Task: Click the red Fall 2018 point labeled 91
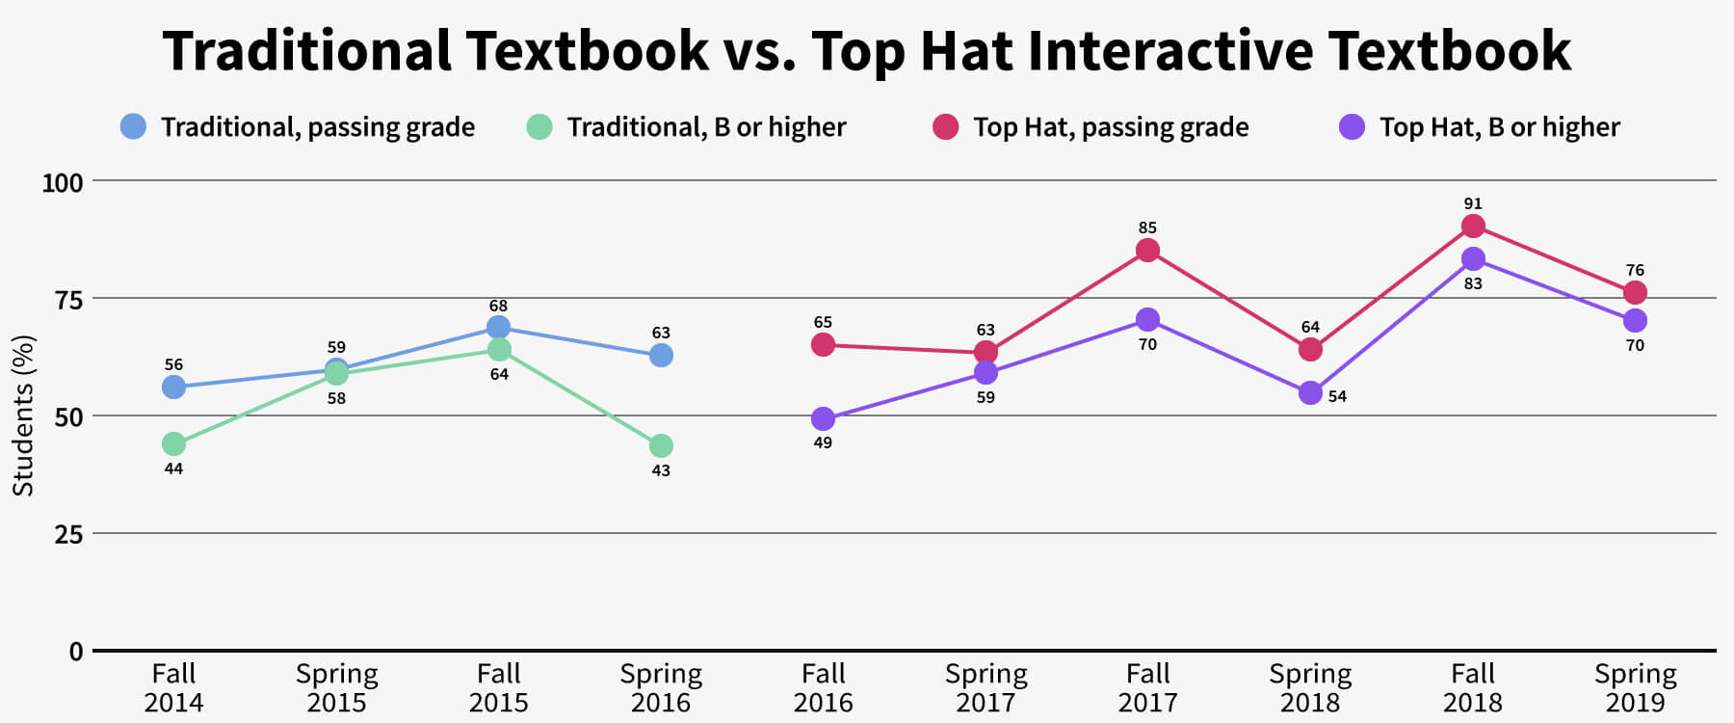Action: click(1472, 227)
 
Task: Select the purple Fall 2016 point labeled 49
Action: click(823, 418)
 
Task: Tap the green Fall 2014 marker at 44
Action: click(173, 443)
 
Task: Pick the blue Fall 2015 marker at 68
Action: click(498, 327)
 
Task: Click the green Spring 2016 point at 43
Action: click(661, 445)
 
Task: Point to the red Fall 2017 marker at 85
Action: click(1147, 251)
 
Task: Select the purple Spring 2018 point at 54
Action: click(1310, 392)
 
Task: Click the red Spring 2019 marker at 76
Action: click(1635, 292)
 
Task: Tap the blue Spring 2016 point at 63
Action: click(661, 355)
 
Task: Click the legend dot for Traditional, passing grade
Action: click(133, 126)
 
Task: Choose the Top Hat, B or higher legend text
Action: click(1499, 127)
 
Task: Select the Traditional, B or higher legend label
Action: click(706, 127)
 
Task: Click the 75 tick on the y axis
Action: click(68, 300)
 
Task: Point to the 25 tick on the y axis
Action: click(68, 534)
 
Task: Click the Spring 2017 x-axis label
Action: click(985, 687)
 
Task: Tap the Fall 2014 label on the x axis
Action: click(173, 687)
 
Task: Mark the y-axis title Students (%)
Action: click(23, 415)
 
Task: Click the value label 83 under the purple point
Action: click(1472, 284)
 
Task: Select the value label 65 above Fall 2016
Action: click(823, 323)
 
